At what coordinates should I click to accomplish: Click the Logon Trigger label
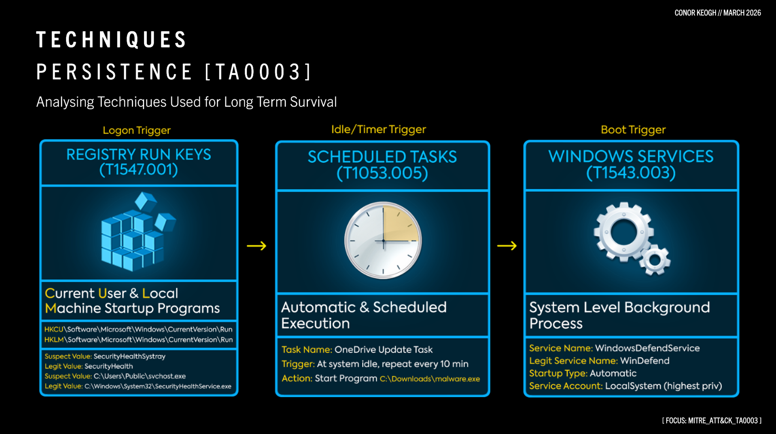136,131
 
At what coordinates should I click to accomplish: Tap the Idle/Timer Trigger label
378,129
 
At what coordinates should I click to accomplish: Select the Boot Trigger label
633,130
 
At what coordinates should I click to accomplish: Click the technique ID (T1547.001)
139,170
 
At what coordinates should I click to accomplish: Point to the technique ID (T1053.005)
382,173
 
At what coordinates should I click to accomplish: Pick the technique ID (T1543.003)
631,173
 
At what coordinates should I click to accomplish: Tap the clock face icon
383,240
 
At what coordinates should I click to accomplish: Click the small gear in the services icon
654,260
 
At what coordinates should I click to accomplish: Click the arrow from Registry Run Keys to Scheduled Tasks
257,246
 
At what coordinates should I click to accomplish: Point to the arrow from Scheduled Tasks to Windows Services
507,246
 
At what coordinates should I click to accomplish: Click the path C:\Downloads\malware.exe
430,379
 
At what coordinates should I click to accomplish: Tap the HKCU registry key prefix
54,329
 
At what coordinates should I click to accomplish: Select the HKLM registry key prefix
54,340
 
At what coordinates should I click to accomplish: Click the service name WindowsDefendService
647,348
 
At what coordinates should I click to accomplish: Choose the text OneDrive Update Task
383,350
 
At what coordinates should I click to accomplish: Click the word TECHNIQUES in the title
111,40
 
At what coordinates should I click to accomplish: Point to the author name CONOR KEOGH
695,13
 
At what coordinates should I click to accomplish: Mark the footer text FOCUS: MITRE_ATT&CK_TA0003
712,421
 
